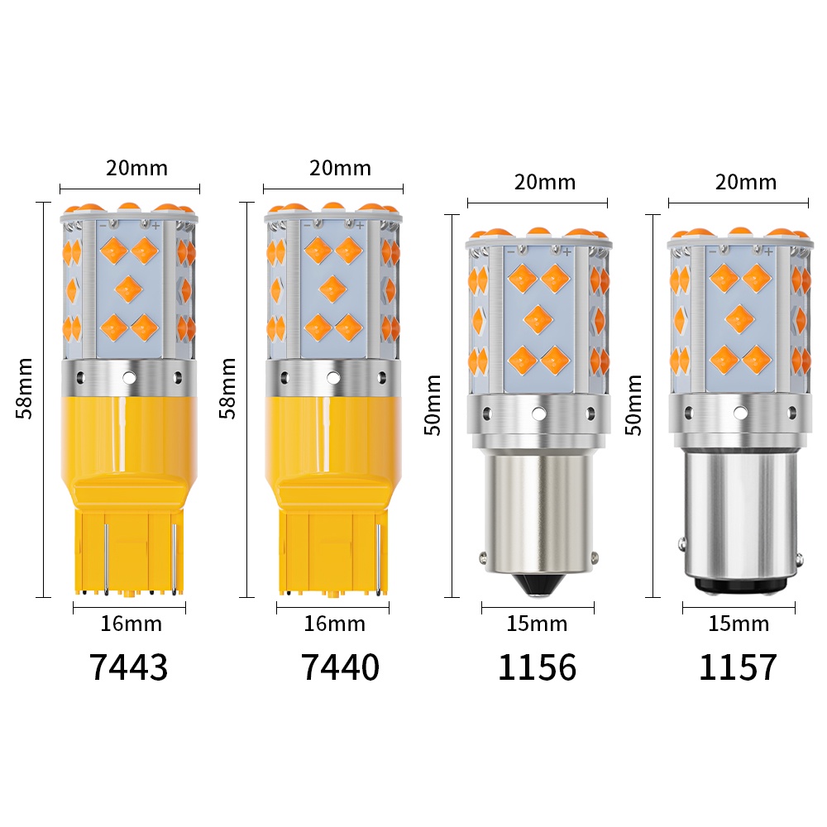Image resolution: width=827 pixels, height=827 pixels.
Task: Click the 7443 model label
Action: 129,667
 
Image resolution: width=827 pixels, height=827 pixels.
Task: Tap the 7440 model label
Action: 340,667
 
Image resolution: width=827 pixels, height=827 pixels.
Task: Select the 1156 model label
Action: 537,667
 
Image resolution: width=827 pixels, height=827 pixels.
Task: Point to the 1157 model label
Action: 738,667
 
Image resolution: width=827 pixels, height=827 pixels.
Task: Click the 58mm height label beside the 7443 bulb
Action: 24,388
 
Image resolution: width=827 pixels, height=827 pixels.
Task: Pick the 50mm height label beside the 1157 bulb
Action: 633,405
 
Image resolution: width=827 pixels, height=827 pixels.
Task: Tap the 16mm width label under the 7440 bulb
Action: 334,624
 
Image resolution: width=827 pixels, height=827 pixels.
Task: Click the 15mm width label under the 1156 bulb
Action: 537,624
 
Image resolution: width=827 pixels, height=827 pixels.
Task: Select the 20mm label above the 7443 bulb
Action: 137,168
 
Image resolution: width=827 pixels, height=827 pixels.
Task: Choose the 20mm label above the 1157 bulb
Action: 746,183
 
